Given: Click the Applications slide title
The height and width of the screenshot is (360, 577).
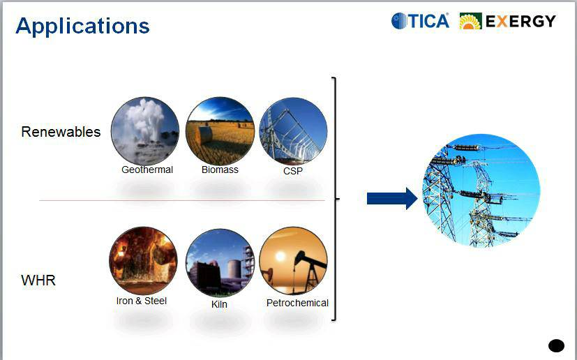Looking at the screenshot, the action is coord(82,27).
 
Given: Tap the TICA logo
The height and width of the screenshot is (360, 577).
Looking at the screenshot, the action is coord(420,21).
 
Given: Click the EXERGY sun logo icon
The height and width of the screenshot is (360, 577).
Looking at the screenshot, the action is coord(470,21).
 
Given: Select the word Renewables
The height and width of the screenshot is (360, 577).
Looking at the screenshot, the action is coord(61,132).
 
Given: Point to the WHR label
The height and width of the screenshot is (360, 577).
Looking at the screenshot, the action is coord(38,280).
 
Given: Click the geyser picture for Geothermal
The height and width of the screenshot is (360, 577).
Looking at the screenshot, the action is coord(145,131).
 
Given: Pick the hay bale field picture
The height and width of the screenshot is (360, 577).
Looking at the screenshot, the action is coord(220,131).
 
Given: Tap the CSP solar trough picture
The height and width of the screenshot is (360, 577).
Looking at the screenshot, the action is coord(293,131).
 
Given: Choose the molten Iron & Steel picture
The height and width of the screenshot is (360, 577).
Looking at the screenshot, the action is coord(143,261).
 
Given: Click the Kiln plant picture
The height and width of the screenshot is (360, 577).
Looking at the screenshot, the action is coord(220,262).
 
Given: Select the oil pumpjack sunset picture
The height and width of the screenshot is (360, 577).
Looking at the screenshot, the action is coord(293,261).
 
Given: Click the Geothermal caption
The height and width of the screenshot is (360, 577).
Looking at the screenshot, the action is coord(147,170).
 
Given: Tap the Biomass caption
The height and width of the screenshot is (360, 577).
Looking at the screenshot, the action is coord(220,170).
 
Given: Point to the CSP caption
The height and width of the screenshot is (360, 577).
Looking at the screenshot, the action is coord(293,171).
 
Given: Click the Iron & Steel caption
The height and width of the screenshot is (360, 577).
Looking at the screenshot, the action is coord(142,301).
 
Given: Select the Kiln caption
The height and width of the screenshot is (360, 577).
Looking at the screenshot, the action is coord(219,304).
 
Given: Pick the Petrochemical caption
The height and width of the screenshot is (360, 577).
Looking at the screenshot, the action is coord(297,303).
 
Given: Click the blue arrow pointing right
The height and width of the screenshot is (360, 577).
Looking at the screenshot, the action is coord(392,198).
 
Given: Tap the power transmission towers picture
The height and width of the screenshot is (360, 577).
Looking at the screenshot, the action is coord(481,190).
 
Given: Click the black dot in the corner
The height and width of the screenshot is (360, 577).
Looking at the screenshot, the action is coord(556,346).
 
